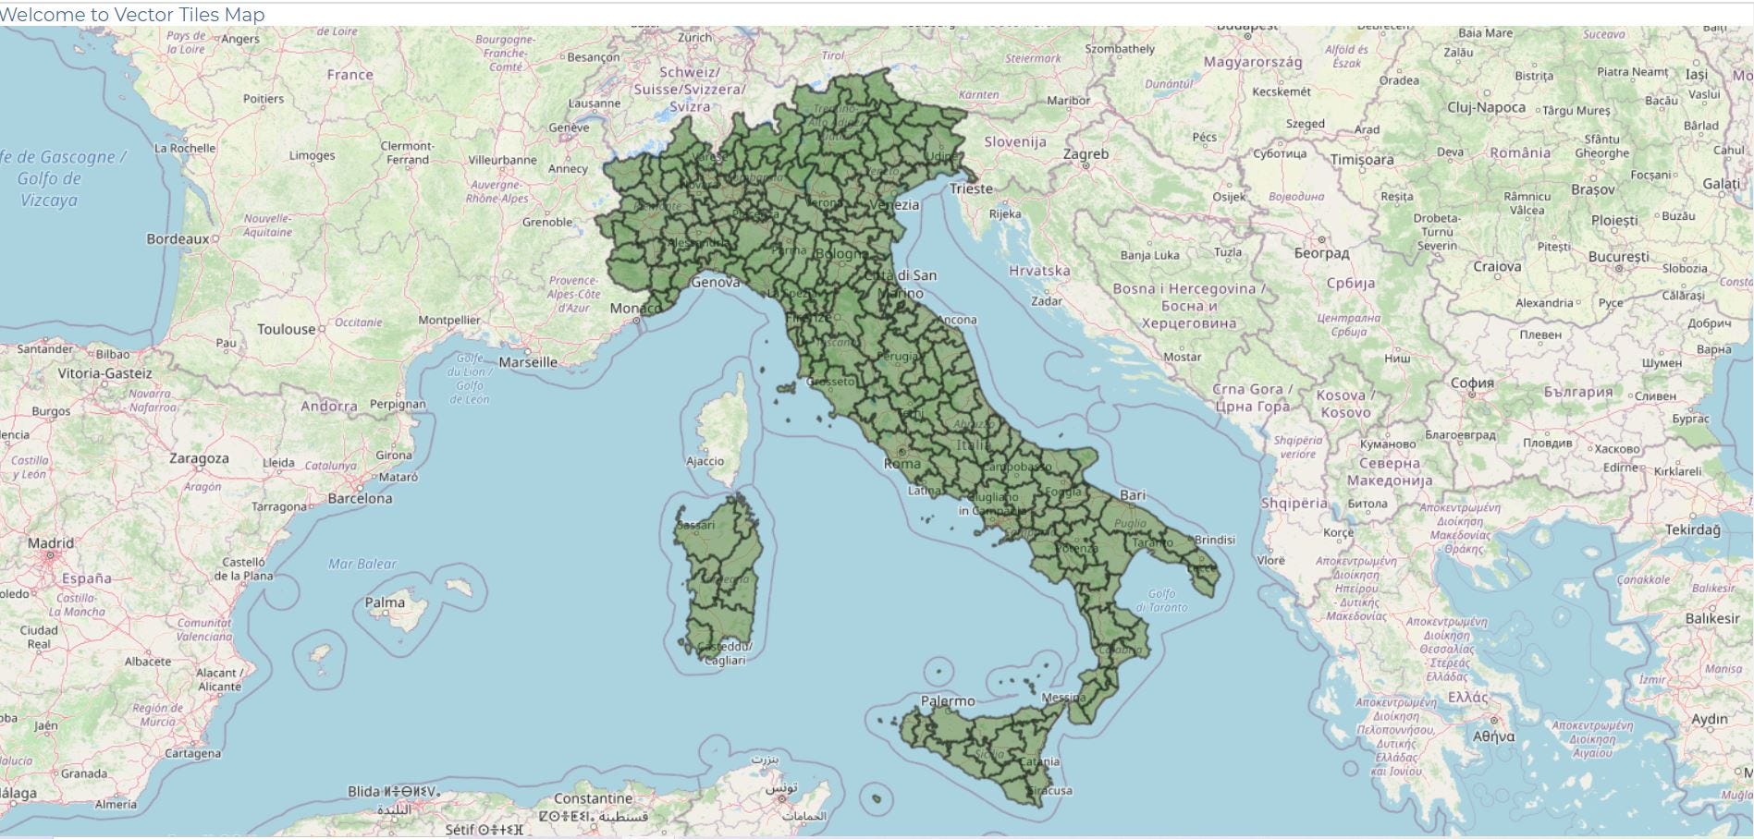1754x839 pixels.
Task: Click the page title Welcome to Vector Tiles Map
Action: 132,15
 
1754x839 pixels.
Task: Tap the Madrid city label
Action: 51,543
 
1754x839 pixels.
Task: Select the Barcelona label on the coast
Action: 360,499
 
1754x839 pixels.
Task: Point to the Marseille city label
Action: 528,362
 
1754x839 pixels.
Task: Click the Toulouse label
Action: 287,329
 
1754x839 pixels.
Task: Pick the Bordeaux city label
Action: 178,239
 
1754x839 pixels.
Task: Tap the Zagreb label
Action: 1086,154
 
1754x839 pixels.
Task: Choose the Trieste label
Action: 971,188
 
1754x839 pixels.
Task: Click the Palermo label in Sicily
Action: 948,701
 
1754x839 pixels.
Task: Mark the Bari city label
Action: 1133,495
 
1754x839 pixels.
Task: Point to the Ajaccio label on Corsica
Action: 705,461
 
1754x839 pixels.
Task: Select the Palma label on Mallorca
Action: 385,602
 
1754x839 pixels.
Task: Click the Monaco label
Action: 635,308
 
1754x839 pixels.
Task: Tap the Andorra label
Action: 329,406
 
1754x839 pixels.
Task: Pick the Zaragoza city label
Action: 199,458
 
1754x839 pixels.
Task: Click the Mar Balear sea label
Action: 362,564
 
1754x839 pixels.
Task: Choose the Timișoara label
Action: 1361,159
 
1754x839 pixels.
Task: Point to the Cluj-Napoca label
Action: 1486,107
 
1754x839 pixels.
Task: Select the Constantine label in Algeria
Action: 593,798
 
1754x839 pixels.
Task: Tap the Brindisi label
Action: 1214,540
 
